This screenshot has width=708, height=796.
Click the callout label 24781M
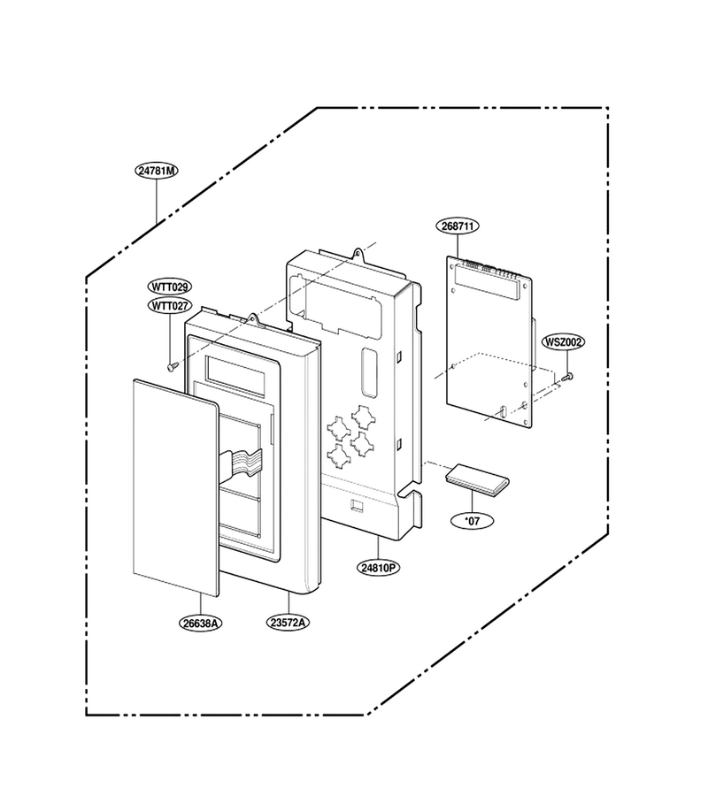(157, 171)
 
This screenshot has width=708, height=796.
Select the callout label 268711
(458, 226)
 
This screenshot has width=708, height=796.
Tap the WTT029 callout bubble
(170, 287)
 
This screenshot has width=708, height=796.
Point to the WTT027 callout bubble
(170, 306)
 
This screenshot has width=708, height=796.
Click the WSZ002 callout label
(563, 342)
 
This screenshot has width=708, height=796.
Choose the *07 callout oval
(473, 520)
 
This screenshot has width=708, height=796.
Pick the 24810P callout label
(378, 568)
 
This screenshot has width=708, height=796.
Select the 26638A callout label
(201, 623)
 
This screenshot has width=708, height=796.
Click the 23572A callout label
(289, 623)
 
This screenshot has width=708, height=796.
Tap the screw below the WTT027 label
(173, 365)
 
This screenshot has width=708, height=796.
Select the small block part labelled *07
(477, 478)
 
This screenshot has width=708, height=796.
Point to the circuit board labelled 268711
(489, 341)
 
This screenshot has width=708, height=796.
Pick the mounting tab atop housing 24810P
(359, 253)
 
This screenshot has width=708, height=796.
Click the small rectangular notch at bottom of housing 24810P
(358, 506)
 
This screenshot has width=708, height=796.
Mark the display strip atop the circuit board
(488, 282)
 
